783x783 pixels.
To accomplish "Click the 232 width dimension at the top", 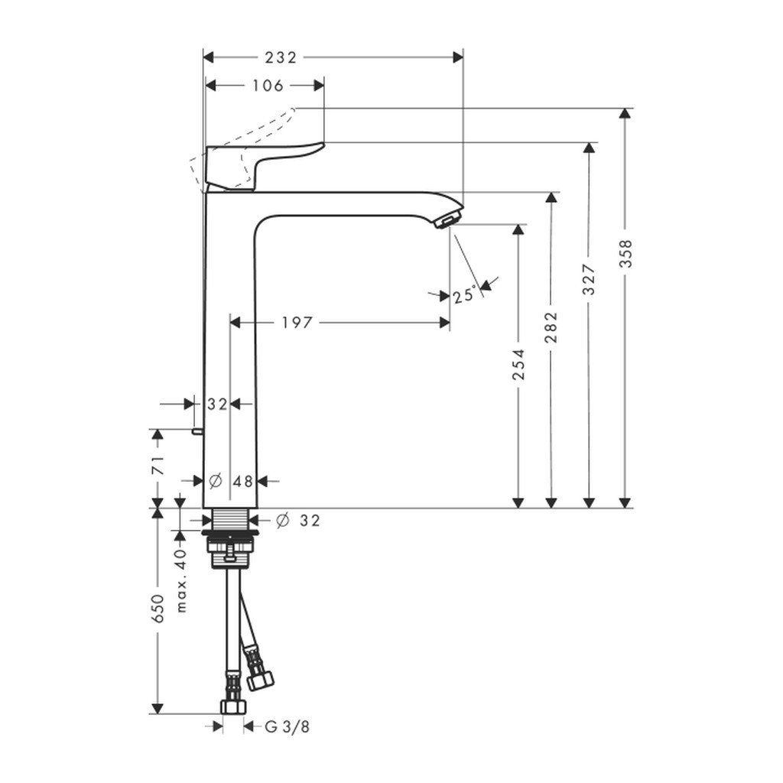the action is [280, 57].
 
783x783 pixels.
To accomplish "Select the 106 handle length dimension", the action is [266, 86].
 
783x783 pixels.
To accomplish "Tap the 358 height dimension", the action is [627, 252].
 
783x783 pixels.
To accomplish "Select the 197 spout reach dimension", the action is [297, 323].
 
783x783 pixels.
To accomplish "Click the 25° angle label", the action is [463, 294].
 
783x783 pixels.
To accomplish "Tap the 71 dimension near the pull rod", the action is [158, 466].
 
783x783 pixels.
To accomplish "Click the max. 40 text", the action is [181, 581].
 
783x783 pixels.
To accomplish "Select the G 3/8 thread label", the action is [287, 726].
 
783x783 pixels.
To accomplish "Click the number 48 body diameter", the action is [242, 481].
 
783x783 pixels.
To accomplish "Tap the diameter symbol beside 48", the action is [215, 481].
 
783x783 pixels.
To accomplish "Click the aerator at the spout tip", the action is [445, 222].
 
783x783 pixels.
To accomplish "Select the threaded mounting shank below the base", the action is [230, 521].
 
